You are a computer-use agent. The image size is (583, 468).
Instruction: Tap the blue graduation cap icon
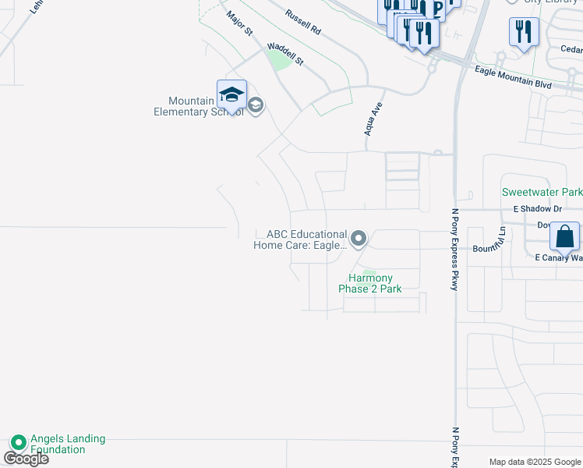[231, 95]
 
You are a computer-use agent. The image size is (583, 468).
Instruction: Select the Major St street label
[240, 23]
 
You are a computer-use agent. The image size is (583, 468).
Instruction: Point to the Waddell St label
[284, 52]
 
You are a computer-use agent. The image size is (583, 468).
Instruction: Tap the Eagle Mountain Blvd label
[513, 76]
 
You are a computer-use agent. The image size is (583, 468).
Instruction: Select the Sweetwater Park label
[542, 192]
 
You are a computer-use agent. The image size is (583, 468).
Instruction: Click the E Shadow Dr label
[537, 209]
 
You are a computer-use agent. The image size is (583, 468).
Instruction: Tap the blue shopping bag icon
[564, 236]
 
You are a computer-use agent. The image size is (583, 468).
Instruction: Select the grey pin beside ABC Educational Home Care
[358, 238]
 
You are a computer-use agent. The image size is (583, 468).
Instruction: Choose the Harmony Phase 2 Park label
[370, 283]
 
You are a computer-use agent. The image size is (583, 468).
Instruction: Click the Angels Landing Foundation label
[68, 444]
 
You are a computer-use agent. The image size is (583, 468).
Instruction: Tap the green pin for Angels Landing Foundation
[18, 442]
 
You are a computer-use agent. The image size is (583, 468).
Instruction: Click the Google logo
[26, 459]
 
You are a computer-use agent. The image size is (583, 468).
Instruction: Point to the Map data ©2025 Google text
[535, 462]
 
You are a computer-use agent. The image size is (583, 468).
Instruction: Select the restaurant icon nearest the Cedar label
[524, 32]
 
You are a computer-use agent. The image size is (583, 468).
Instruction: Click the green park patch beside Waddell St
[278, 58]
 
